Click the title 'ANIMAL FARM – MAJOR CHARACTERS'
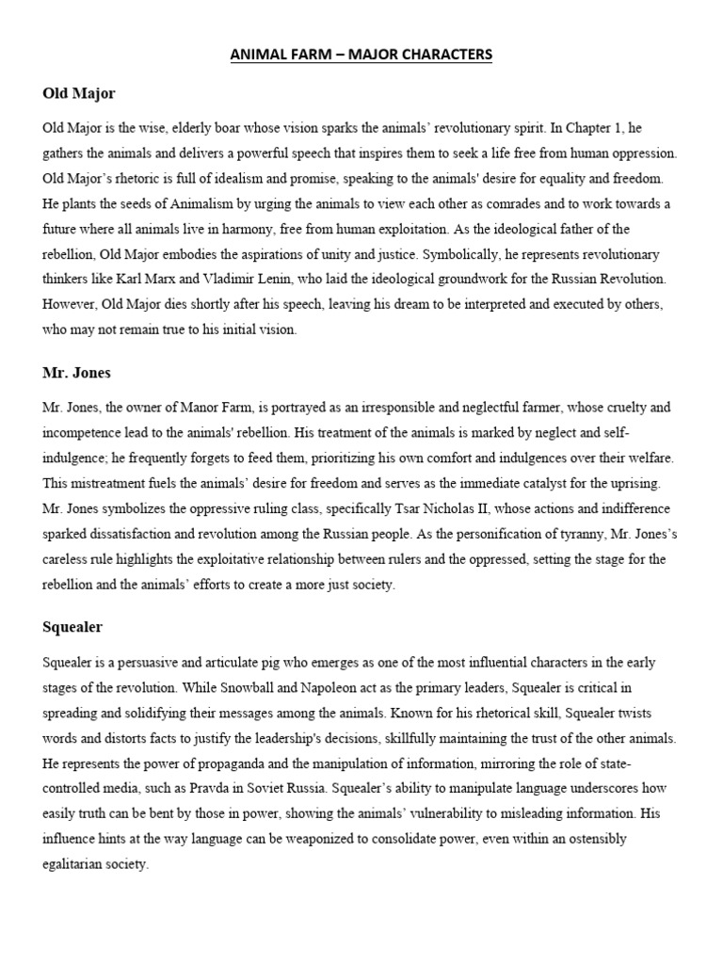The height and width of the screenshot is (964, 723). [361, 55]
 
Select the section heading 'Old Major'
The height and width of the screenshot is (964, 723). [79, 93]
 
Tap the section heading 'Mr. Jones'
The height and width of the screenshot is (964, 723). [76, 373]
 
